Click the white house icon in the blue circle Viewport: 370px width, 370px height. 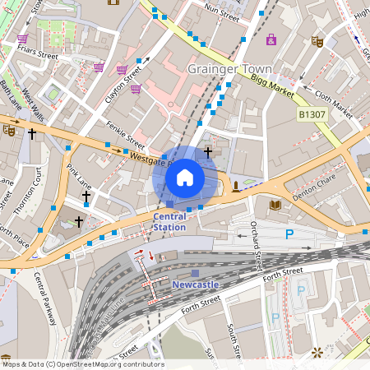[x=185, y=178]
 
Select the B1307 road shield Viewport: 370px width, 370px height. [x=312, y=114]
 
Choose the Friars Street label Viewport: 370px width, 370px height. [x=37, y=56]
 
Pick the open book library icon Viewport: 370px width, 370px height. [x=275, y=205]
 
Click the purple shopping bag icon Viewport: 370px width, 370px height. [x=271, y=39]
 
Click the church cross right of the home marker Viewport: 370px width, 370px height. [x=208, y=151]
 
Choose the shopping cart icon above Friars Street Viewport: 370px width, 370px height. [x=22, y=39]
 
